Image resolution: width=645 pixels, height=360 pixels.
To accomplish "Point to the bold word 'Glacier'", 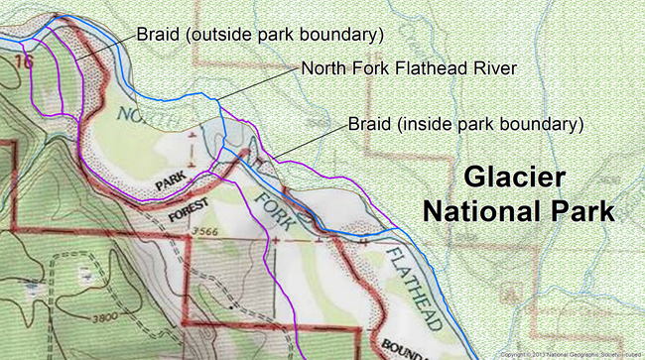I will [516, 180].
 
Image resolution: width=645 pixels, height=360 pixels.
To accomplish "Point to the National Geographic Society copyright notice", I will [569, 353].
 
